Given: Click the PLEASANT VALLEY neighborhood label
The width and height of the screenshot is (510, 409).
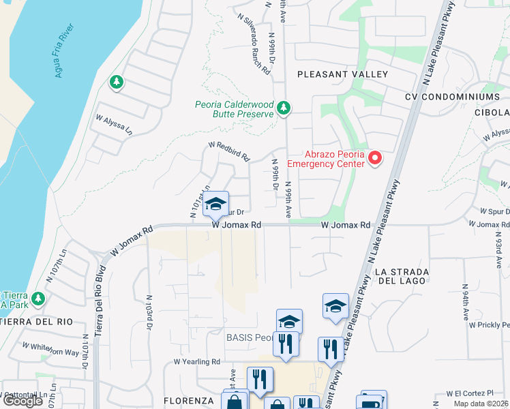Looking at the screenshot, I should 342,74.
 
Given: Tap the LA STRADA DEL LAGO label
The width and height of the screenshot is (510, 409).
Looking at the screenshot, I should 401,276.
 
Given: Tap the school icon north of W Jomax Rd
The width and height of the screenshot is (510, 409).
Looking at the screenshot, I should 216,204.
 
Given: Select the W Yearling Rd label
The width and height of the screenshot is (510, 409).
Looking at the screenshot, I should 197,362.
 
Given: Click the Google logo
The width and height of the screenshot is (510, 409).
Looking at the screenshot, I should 22,401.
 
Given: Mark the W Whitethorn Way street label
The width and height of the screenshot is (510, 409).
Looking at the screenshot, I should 50,348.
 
